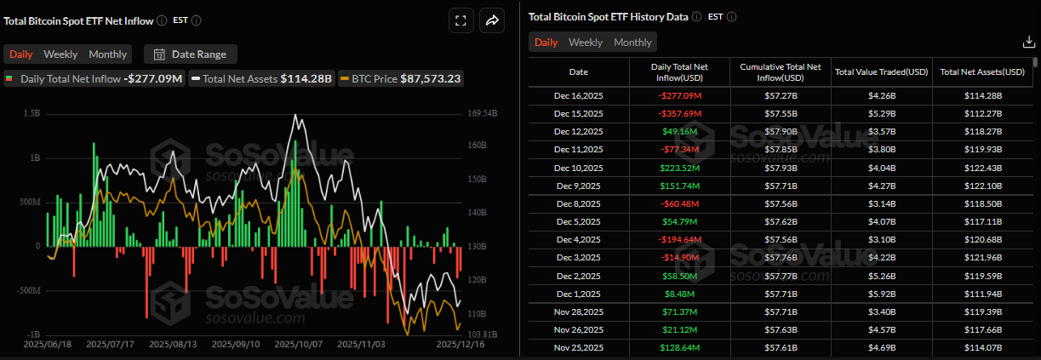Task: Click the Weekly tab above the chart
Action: pos(60,54)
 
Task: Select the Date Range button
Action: pos(191,54)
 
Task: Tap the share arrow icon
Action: pos(492,21)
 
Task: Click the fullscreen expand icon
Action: pos(460,21)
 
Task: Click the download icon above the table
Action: pos(1028,43)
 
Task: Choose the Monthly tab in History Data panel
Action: pos(632,43)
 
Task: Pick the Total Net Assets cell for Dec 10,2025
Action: pos(983,168)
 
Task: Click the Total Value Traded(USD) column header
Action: pos(881,72)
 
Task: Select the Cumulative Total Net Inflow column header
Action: pos(780,72)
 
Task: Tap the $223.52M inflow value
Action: pos(679,168)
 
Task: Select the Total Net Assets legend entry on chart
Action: pos(262,79)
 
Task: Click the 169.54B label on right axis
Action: pos(481,113)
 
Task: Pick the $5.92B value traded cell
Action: pos(881,294)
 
